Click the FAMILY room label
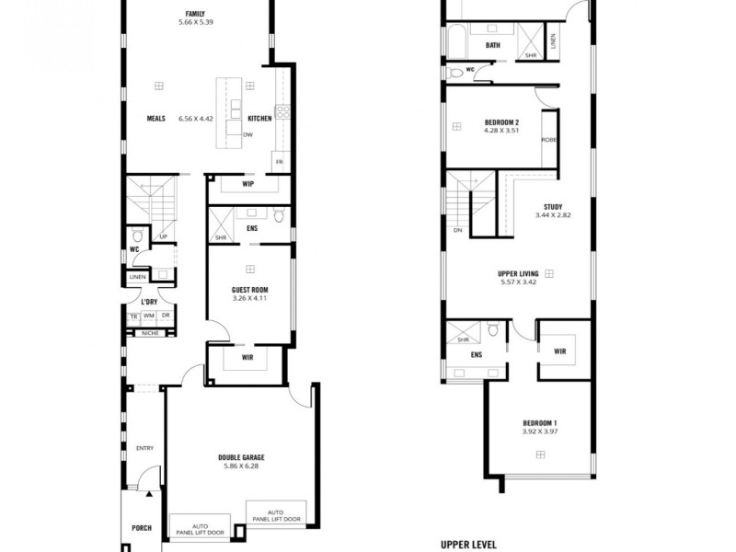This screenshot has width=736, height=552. pyautogui.click(x=195, y=14)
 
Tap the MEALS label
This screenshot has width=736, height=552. pyautogui.click(x=155, y=118)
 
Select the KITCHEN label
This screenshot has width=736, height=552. pyautogui.click(x=259, y=118)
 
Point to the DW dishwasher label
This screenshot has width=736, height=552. pyautogui.click(x=247, y=135)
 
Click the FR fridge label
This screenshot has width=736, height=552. pyautogui.click(x=278, y=163)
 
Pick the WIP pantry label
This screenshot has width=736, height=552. pyautogui.click(x=247, y=184)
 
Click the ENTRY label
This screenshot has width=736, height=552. pyautogui.click(x=144, y=448)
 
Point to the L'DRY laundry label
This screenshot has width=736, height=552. pyautogui.click(x=149, y=301)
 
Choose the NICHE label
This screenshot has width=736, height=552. pyautogui.click(x=149, y=333)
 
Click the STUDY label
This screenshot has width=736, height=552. pyautogui.click(x=553, y=207)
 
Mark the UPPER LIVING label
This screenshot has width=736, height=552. pyautogui.click(x=517, y=272)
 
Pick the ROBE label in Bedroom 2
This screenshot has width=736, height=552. pyautogui.click(x=548, y=140)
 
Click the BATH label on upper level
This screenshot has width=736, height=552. pyautogui.click(x=493, y=45)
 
